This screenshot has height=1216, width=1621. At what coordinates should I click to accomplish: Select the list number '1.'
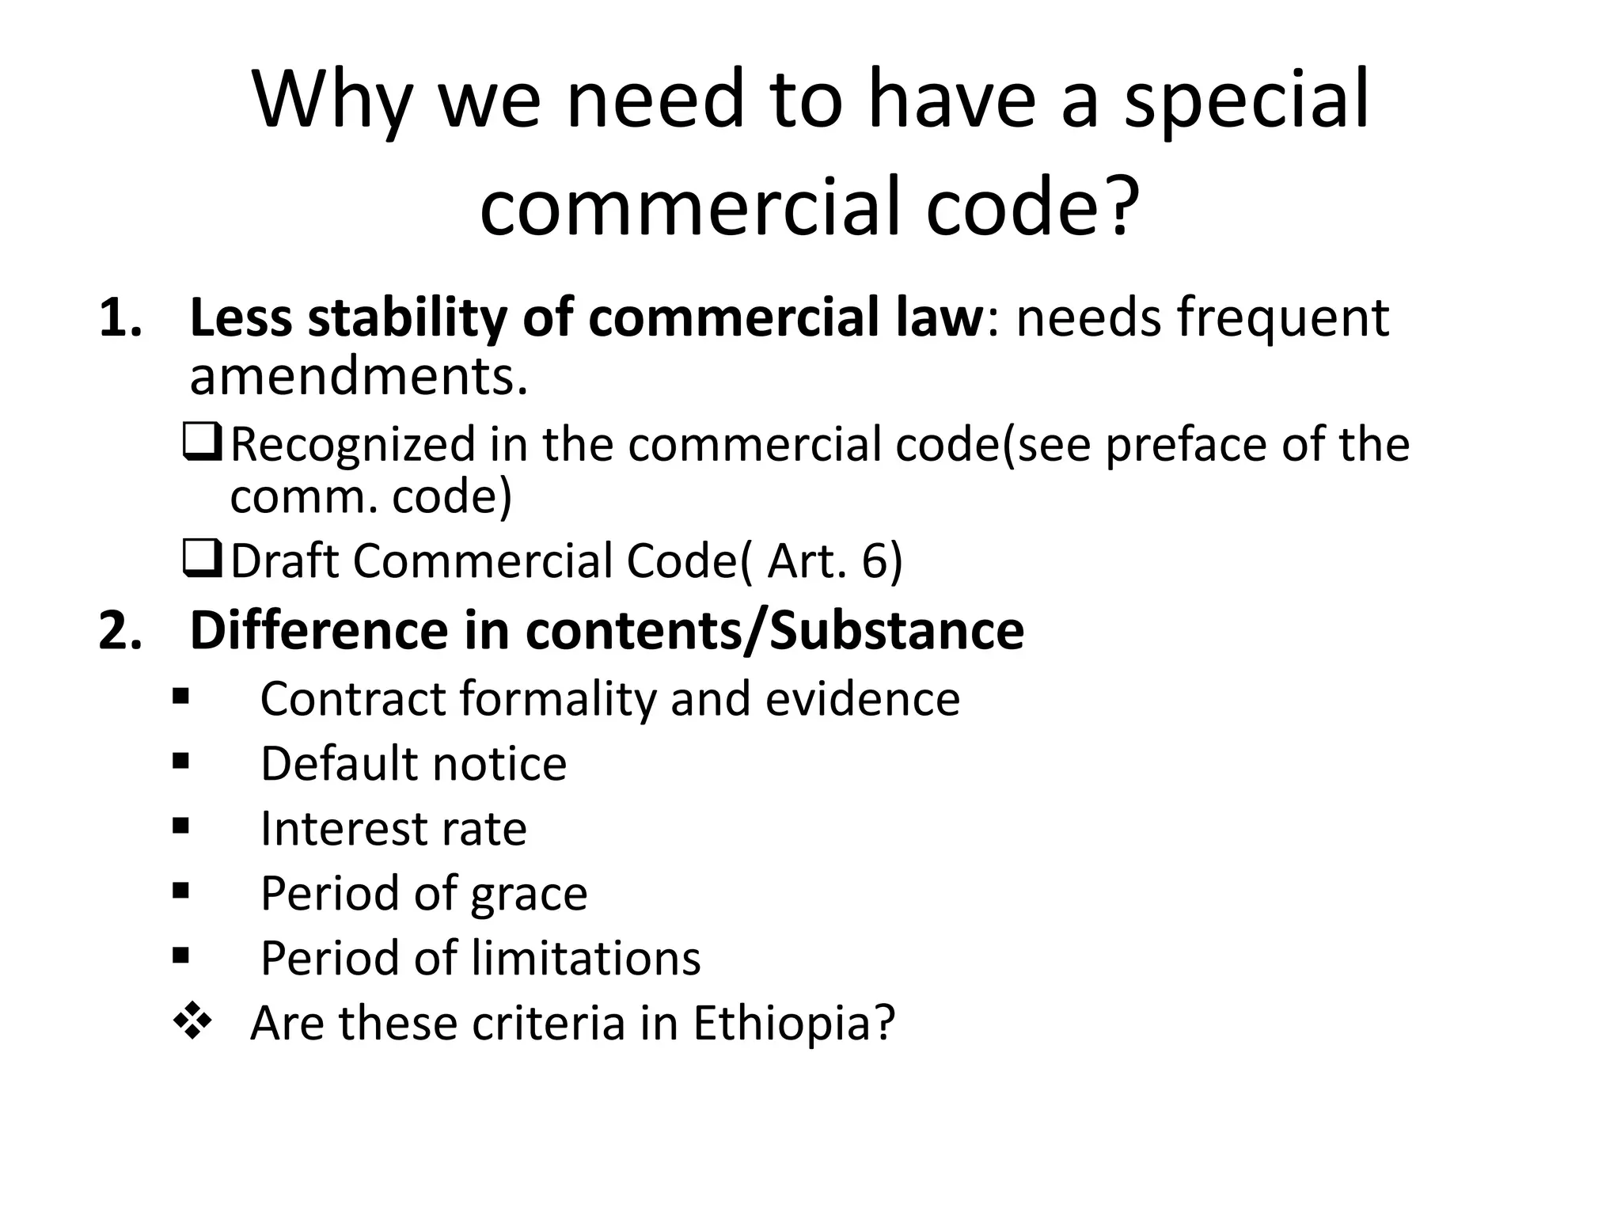[x=121, y=318]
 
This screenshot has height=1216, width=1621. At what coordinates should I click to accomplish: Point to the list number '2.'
[x=121, y=631]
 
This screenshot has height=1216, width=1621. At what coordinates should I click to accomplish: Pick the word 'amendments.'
[x=359, y=376]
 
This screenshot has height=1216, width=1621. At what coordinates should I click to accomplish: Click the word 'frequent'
[x=1282, y=318]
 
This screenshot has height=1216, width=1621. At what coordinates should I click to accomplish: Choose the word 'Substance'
[x=897, y=631]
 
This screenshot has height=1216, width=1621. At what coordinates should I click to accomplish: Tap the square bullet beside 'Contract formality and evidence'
[x=181, y=697]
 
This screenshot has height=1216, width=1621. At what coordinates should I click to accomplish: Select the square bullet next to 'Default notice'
[x=181, y=762]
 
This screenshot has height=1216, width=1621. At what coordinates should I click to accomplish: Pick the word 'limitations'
[x=586, y=958]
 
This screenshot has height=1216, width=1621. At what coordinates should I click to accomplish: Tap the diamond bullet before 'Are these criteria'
[x=192, y=1022]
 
